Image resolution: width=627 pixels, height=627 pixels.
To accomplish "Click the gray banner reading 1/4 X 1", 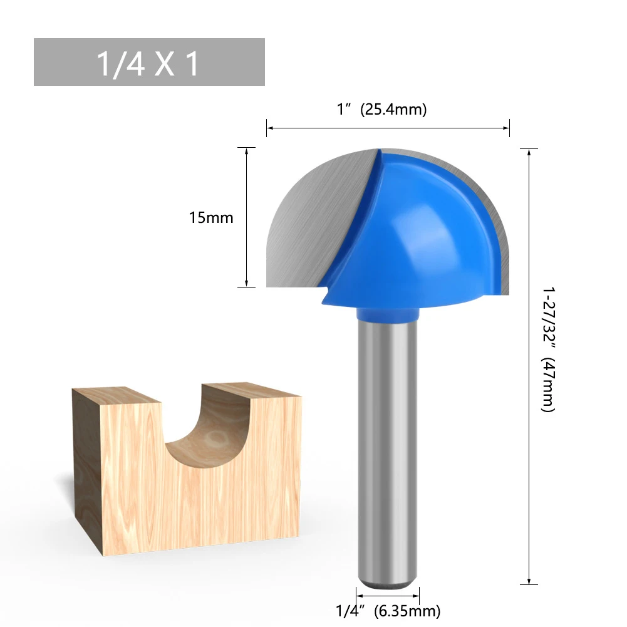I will pyautogui.click(x=149, y=62).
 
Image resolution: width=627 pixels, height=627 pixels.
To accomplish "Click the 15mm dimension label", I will pyautogui.click(x=211, y=218).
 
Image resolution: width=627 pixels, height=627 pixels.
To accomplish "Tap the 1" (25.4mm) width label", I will pyautogui.click(x=381, y=109).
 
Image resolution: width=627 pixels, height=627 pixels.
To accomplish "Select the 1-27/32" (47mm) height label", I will pyautogui.click(x=548, y=350).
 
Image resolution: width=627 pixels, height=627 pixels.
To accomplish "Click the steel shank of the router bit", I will pyautogui.click(x=387, y=451).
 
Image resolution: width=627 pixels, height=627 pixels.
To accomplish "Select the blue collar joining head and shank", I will pyautogui.click(x=387, y=312).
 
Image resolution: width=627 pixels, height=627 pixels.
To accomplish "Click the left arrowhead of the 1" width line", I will pyautogui.click(x=270, y=128).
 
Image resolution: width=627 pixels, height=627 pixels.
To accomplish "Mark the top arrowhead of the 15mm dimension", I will pyautogui.click(x=247, y=151).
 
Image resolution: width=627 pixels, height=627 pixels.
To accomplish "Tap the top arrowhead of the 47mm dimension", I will pyautogui.click(x=529, y=152).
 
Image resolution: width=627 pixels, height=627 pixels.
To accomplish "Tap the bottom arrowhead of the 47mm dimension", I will pyautogui.click(x=529, y=581).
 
